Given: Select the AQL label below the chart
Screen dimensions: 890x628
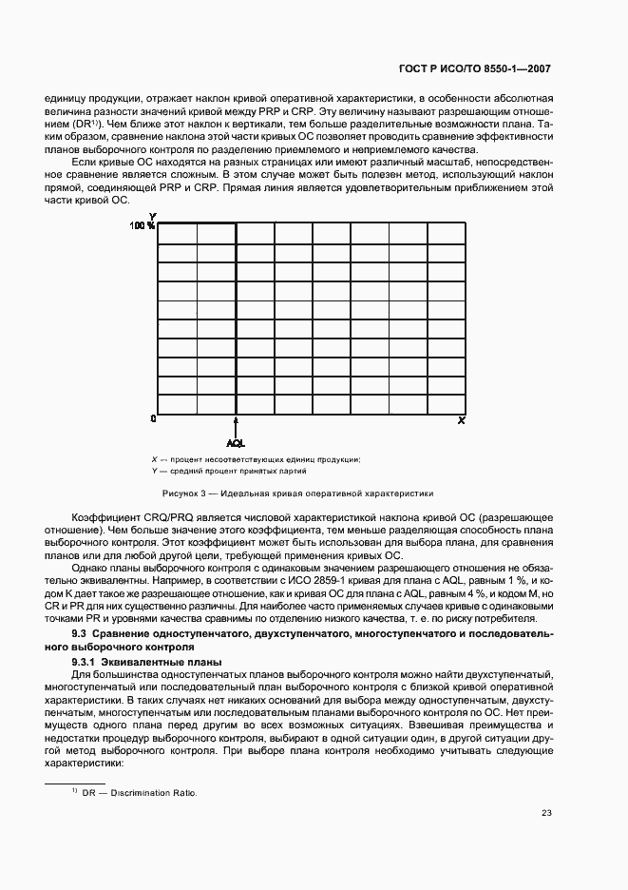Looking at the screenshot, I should tap(236, 442).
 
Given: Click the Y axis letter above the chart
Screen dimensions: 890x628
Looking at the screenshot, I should tap(153, 217).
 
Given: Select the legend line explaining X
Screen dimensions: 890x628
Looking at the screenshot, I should tap(256, 460).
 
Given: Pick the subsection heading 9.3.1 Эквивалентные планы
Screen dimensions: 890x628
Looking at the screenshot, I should tap(147, 661).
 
